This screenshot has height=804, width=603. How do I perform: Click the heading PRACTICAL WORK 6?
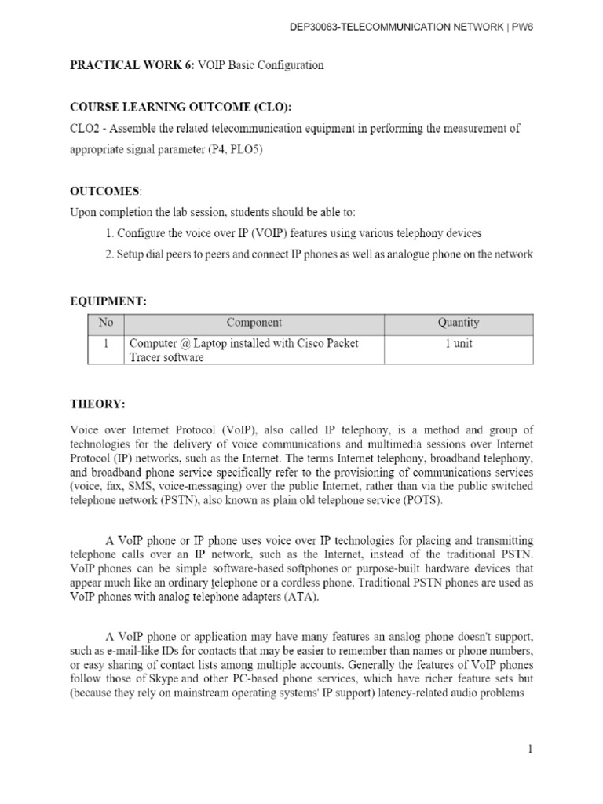click(125, 65)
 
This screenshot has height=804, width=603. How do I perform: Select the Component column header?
click(254, 323)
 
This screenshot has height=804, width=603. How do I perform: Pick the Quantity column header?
click(458, 323)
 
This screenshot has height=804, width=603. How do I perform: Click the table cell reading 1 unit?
click(458, 344)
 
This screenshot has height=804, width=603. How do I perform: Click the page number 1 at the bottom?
click(530, 750)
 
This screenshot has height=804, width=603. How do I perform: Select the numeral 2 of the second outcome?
click(107, 254)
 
